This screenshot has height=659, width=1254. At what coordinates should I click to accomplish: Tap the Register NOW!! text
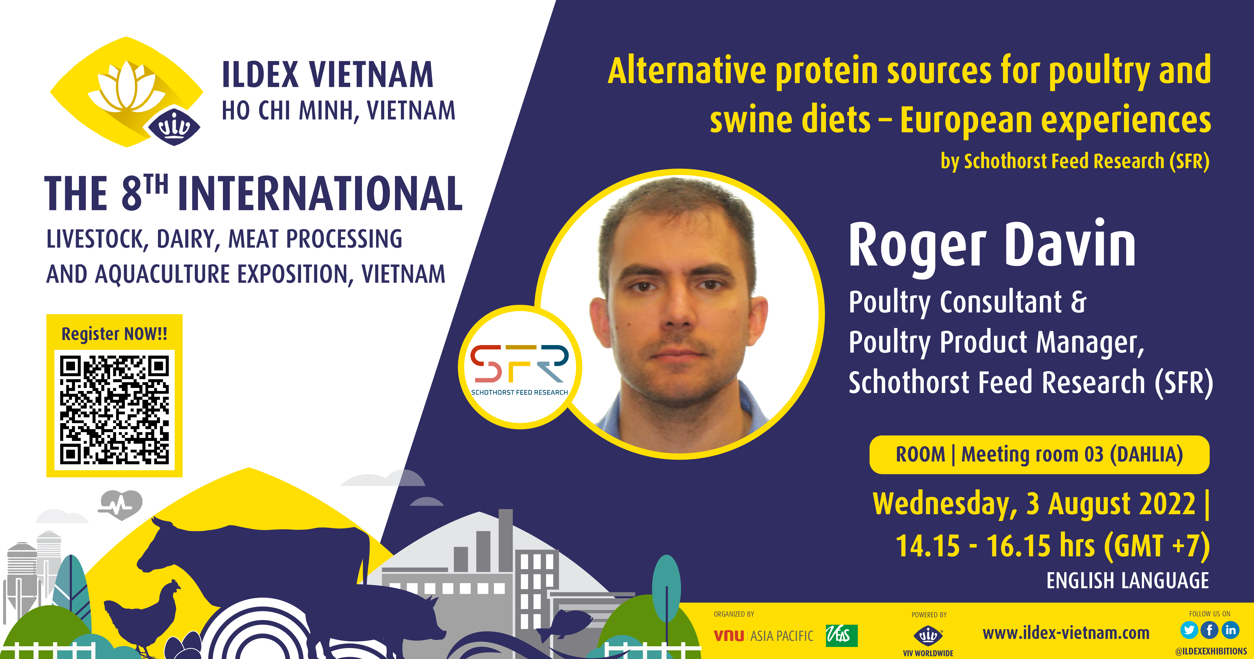(x=114, y=334)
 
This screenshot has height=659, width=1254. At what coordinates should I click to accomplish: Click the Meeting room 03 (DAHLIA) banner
(x=1039, y=454)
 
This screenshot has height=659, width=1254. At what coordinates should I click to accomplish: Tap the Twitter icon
(x=1189, y=630)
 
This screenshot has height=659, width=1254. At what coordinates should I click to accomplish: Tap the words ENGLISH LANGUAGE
(x=1127, y=581)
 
